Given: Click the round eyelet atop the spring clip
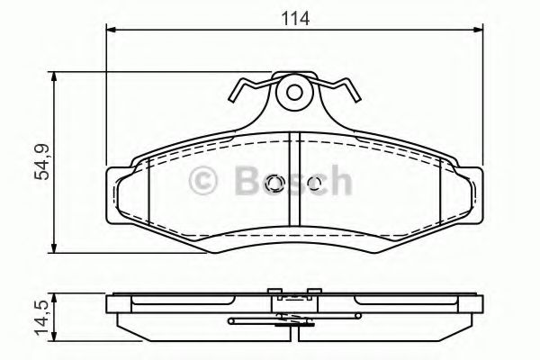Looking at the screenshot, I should pos(293,91).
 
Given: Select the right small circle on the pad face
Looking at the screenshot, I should pos(312,184).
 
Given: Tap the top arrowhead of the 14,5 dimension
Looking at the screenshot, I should pos(56,294).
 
